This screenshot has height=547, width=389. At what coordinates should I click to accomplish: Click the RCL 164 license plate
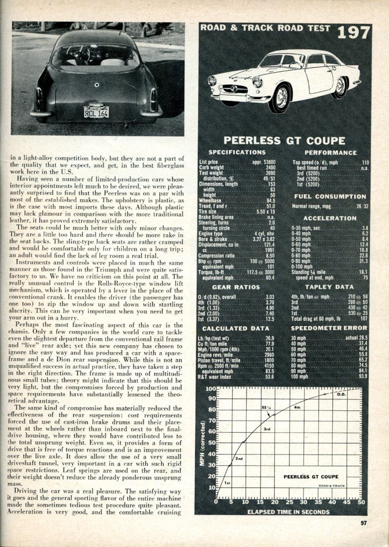96,113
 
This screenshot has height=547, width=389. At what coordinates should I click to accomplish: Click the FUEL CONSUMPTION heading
330,196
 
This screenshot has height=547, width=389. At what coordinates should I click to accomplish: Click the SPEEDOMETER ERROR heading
330,329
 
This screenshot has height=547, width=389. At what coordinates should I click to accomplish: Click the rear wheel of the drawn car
339,87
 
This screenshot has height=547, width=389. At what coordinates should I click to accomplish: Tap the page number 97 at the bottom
363,523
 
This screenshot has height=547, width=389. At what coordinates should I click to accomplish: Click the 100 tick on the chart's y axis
209,390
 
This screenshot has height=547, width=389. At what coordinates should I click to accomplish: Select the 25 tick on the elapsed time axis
289,502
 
